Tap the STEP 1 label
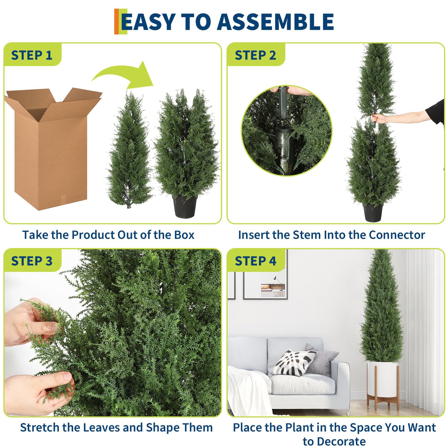pos(32,55)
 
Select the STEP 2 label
pos(255,55)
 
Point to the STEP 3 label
pos(32,261)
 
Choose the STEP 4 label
pos(255,261)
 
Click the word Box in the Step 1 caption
pos(184,235)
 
